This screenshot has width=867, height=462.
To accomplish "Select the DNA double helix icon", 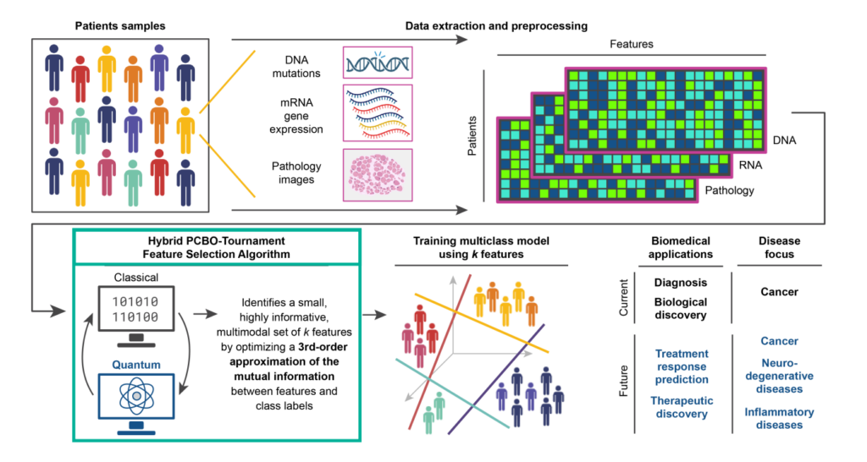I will [x=378, y=63].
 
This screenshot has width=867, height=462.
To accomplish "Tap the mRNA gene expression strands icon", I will [x=378, y=112].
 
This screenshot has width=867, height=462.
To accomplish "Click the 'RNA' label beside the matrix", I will [x=748, y=165].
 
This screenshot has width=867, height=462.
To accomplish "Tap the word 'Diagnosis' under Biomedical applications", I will [x=681, y=283].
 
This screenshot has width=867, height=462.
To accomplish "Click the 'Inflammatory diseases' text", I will [x=779, y=418].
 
